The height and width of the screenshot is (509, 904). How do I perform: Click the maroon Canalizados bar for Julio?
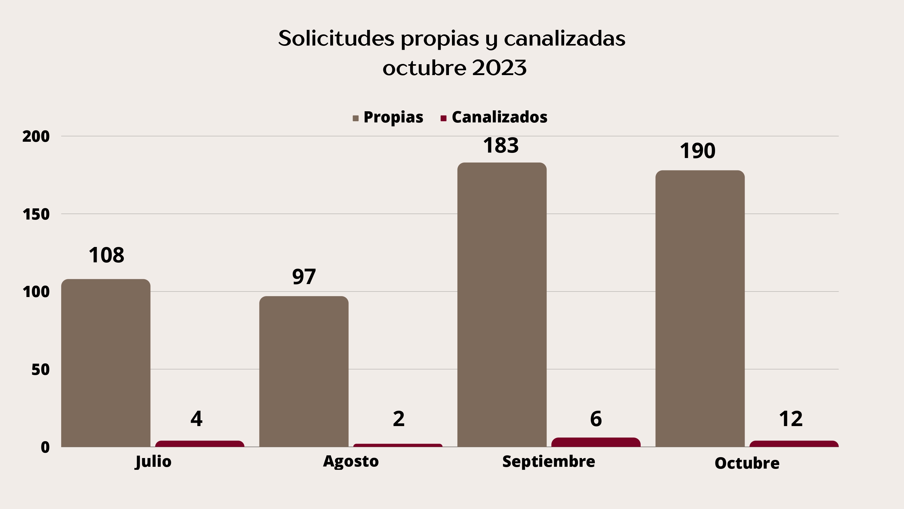pos(200,444)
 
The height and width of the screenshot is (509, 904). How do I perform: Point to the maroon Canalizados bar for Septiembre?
pos(596,442)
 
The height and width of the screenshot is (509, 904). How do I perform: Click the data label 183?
pos(501,145)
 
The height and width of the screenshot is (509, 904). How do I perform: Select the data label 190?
pos(697,151)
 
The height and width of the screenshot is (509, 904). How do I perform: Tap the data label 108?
pos(106,255)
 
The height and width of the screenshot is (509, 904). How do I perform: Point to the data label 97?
pos(304,277)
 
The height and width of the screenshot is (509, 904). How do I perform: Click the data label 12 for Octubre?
pos(791,419)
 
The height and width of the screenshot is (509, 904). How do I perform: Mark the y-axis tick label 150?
pos(36,215)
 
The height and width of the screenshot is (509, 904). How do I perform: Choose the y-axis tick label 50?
pos(40,370)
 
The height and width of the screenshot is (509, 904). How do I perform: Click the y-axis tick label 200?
pos(36,137)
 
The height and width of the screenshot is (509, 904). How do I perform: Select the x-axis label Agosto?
pos(350,461)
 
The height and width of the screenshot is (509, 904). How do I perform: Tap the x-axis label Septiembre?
pos(548,462)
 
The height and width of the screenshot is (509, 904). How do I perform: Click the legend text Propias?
pos(393,117)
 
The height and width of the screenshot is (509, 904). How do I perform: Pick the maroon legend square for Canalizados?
pos(443,119)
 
